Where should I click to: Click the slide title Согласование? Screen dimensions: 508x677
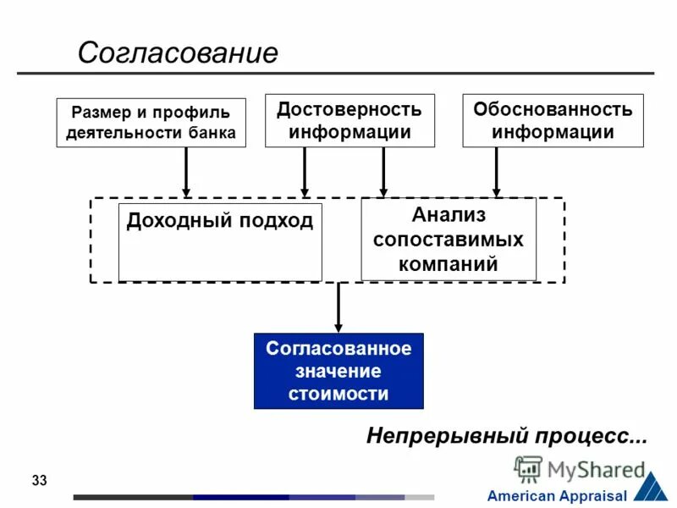(x=178, y=52)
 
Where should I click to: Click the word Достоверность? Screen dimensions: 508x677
(x=350, y=110)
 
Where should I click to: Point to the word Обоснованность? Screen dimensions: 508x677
(x=553, y=110)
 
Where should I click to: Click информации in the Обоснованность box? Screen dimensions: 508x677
(x=553, y=132)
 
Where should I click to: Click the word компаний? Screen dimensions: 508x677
(x=448, y=263)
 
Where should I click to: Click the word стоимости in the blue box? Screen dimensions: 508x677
(x=338, y=394)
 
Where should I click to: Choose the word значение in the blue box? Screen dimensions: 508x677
(x=338, y=372)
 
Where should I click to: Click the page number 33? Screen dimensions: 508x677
(x=39, y=481)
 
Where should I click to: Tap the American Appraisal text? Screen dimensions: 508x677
(x=557, y=496)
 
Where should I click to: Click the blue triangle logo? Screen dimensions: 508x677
(x=650, y=486)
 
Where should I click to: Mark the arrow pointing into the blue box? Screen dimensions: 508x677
(x=338, y=306)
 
